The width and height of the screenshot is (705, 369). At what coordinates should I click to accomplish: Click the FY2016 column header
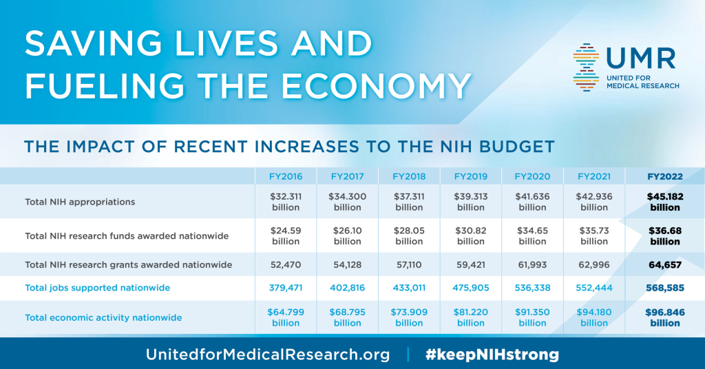pyautogui.click(x=285, y=176)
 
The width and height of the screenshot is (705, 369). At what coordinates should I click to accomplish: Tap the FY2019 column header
pyautogui.click(x=471, y=176)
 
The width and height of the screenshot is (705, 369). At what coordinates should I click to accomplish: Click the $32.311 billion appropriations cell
pyautogui.click(x=285, y=202)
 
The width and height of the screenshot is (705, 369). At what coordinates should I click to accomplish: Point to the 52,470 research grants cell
pyautogui.click(x=285, y=264)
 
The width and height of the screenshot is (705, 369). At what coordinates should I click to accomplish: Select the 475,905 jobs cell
pyautogui.click(x=471, y=288)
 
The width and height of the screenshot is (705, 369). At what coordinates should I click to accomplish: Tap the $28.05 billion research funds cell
pyautogui.click(x=409, y=236)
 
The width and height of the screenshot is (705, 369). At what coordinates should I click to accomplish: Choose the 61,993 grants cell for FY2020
pyautogui.click(x=532, y=264)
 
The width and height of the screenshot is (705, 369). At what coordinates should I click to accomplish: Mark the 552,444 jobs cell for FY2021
pyautogui.click(x=593, y=288)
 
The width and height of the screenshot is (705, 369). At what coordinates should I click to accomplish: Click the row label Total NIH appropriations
pyautogui.click(x=80, y=202)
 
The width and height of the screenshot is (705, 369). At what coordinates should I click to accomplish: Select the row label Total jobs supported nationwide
pyautogui.click(x=97, y=288)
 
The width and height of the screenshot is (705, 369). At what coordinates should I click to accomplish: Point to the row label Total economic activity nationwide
pyautogui.click(x=103, y=317)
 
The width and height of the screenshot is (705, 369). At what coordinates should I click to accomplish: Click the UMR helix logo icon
pyautogui.click(x=586, y=67)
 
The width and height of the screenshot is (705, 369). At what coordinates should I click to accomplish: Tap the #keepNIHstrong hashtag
pyautogui.click(x=492, y=355)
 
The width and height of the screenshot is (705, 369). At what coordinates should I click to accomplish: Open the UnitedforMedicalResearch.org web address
pyautogui.click(x=268, y=355)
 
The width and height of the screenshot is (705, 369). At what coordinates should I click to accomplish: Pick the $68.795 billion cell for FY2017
pyautogui.click(x=347, y=317)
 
